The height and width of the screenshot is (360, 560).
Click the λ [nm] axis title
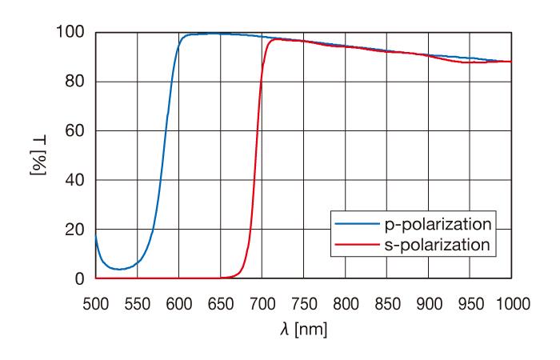(x=302, y=327)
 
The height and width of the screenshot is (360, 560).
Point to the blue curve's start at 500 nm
(x=96, y=234)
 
